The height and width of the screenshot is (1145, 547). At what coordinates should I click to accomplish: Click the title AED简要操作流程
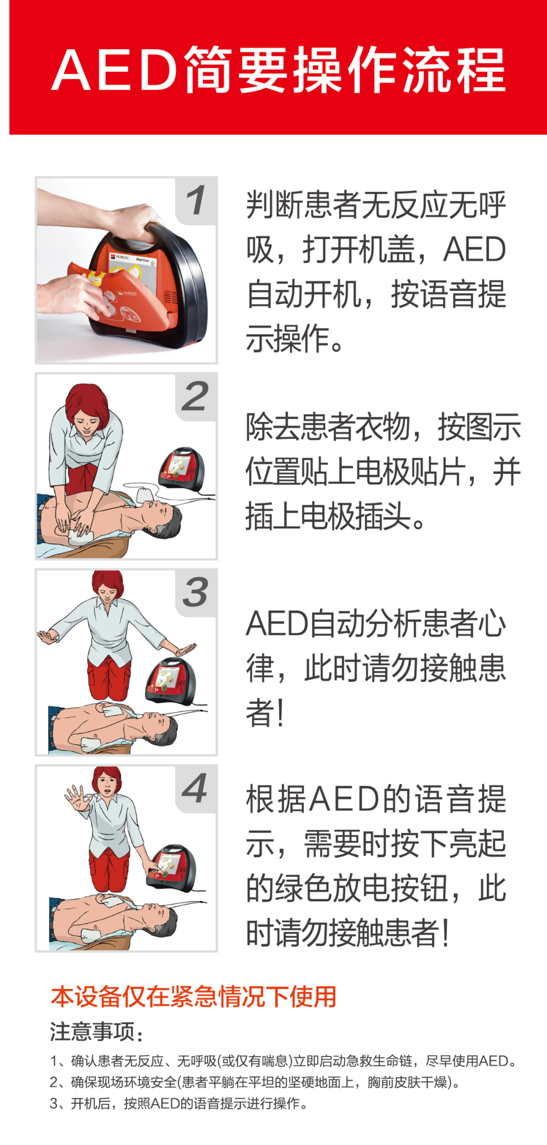[279, 70]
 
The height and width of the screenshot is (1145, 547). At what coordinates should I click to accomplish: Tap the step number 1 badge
[196, 201]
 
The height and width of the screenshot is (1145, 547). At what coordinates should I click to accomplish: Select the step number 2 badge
[196, 397]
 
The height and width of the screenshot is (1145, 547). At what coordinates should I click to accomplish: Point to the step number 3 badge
[196, 592]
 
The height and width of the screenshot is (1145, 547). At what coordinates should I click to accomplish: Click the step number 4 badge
[196, 788]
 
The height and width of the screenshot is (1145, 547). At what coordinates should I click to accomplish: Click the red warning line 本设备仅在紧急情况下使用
[193, 997]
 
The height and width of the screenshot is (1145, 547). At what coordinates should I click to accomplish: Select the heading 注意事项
[96, 1032]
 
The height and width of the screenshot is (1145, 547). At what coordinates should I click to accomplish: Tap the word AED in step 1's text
[475, 249]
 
